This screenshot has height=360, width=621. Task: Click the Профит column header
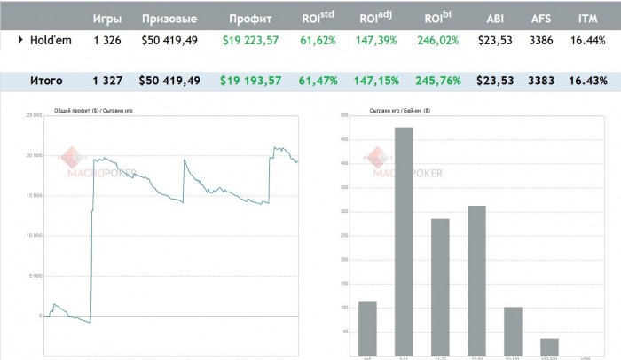coord(250,18)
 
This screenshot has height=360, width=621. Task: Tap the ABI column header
coord(495,18)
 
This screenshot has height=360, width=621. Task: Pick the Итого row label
coord(46,81)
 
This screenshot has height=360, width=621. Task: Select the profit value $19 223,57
coord(250,40)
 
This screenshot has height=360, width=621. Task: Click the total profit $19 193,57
coord(250,81)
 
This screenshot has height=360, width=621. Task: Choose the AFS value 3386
coord(540,40)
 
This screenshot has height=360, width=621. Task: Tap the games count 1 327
coord(107,81)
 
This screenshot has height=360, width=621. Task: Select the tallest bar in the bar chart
coord(404,239)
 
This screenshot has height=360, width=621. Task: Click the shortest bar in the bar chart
coord(549,346)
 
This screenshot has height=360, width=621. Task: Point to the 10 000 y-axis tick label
coord(34,236)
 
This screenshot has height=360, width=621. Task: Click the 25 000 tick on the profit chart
coord(34,115)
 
